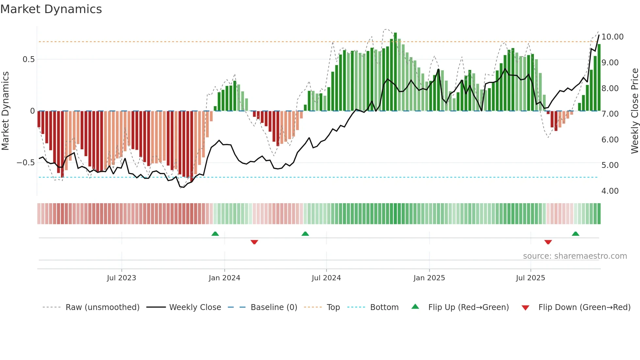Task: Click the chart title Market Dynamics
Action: (x=51, y=9)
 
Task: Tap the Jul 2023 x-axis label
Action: (x=121, y=278)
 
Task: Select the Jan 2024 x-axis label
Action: (x=224, y=278)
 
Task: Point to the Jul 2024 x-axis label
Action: (x=326, y=278)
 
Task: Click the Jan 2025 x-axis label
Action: (x=429, y=278)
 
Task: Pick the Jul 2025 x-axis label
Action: (x=531, y=278)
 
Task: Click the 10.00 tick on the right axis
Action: (x=612, y=37)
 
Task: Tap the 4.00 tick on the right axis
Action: (x=610, y=191)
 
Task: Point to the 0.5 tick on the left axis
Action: (x=28, y=59)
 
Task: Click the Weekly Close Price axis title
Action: (x=634, y=111)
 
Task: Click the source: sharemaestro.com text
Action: (x=575, y=256)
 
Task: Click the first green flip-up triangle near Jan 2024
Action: (x=215, y=234)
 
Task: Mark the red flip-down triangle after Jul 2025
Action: (x=548, y=242)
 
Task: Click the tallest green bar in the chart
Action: (x=395, y=72)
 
